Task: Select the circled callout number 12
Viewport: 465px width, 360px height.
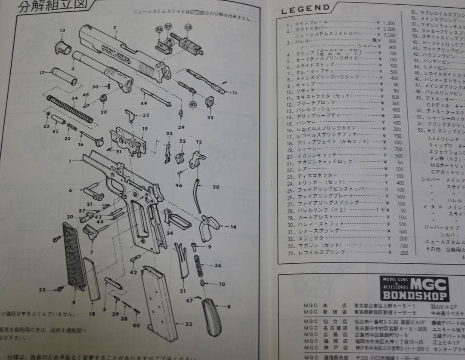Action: [x=188, y=27]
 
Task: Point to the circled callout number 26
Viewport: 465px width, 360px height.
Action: [x=159, y=29]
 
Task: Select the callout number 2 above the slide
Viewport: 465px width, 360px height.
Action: [x=115, y=28]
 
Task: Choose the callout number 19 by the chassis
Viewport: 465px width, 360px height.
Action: [x=145, y=129]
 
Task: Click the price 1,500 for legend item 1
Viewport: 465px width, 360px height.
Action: [x=388, y=23]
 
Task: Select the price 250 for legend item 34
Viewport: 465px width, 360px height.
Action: [x=403, y=252]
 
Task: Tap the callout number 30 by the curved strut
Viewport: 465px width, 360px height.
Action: [x=216, y=187]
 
